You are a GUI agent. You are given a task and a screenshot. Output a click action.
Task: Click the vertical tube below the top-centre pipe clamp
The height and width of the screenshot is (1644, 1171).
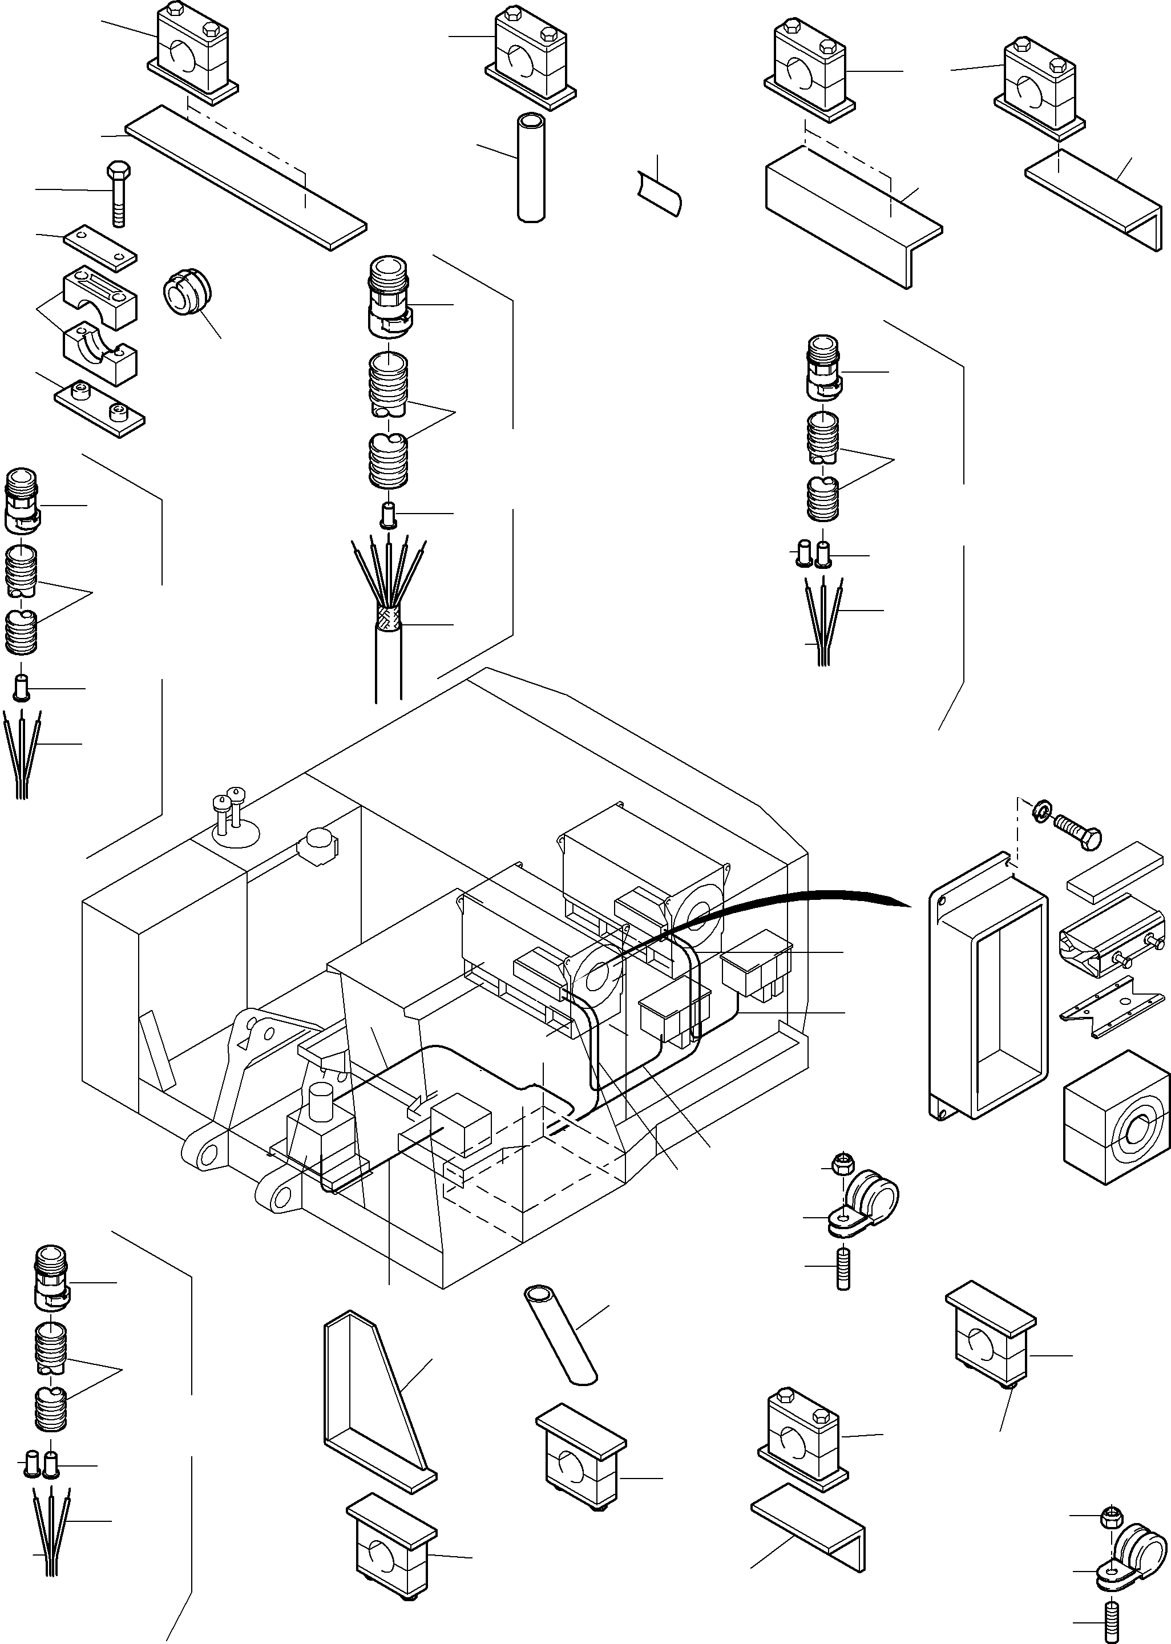point(531,167)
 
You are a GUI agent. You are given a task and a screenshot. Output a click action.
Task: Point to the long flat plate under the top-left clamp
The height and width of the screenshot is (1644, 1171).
point(245,177)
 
